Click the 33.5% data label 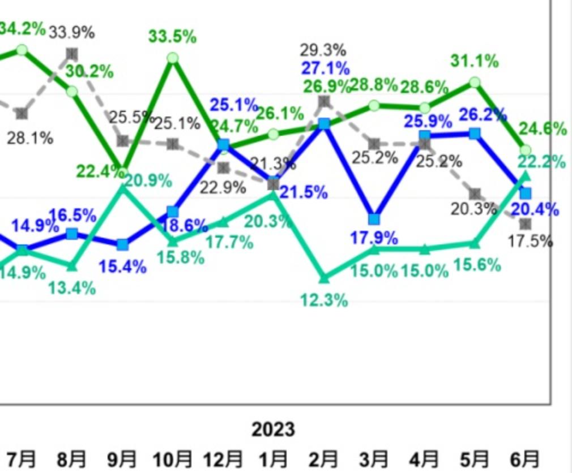click(172, 37)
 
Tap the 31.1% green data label click(475, 61)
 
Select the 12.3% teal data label click(324, 300)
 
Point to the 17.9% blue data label click(374, 238)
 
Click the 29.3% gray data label click(324, 50)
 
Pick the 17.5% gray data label click(530, 242)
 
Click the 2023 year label click(273, 429)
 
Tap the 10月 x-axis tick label click(172, 458)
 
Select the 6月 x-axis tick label click(525, 458)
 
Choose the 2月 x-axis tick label click(324, 458)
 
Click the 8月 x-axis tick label click(72, 458)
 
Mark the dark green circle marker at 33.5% click(173, 58)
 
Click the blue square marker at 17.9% click(374, 219)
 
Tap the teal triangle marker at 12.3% click(324, 278)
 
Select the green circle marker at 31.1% click(475, 83)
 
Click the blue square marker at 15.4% click(122, 245)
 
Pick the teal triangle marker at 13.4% click(72, 265)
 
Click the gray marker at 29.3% click(324, 102)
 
